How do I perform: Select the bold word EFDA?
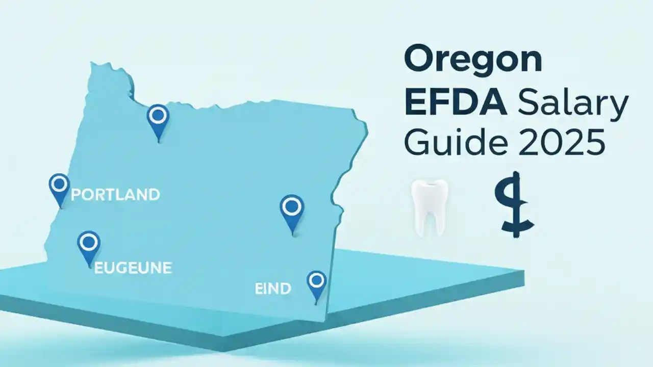point(456,101)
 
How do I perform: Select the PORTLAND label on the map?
point(115,194)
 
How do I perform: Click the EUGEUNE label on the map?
point(133,268)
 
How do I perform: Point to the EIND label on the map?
point(272,289)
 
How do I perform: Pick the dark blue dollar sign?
point(515,205)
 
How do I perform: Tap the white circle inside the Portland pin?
point(60,182)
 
